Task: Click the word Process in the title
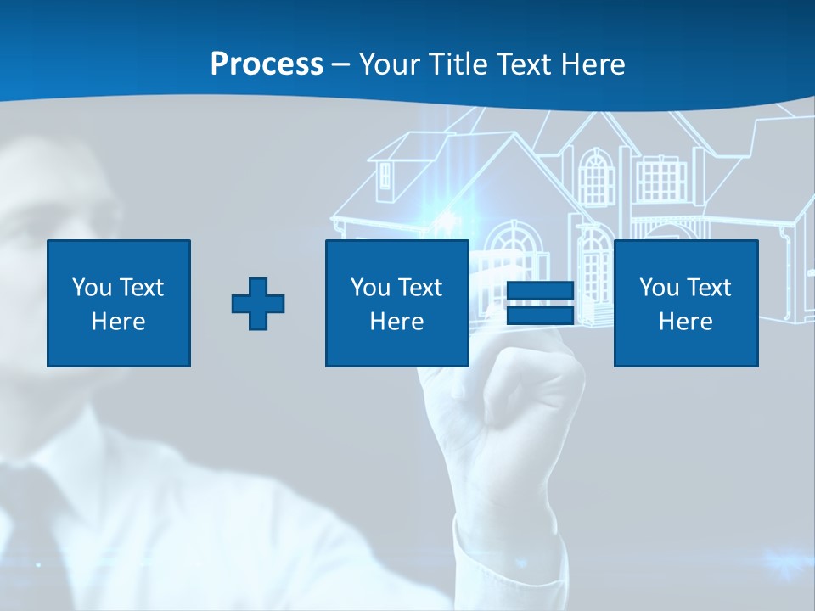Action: [267, 64]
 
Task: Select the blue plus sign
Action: [258, 303]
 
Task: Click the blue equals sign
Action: [540, 303]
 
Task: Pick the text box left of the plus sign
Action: [119, 303]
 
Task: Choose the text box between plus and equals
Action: [396, 303]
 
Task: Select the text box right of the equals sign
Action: [685, 303]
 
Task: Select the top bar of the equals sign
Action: [540, 291]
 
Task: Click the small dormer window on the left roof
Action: [386, 176]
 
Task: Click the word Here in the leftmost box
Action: [119, 322]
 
